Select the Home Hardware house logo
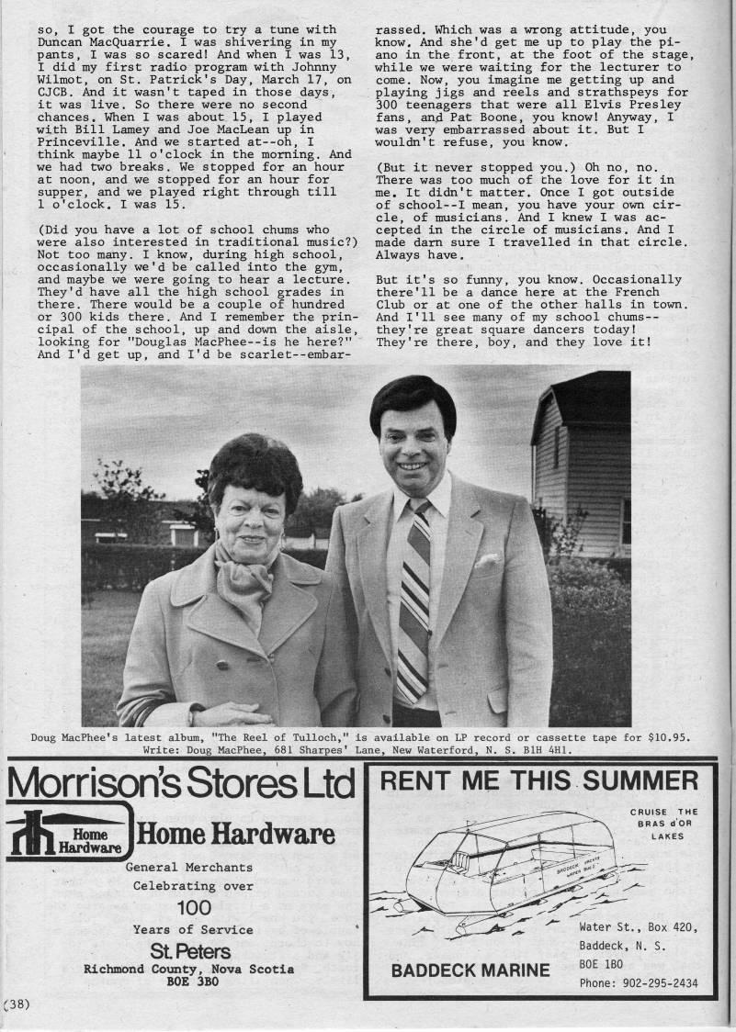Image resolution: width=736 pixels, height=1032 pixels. coord(66,833)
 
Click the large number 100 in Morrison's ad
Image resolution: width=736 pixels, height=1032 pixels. coord(193,907)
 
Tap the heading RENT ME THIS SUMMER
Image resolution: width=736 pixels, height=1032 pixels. coord(539,781)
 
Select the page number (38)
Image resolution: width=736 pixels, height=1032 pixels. coord(17,1004)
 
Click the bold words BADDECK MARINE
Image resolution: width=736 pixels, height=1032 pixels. coord(470,970)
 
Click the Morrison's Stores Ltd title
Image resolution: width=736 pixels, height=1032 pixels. coord(179,786)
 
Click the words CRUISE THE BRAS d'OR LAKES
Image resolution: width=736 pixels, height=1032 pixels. coord(663,824)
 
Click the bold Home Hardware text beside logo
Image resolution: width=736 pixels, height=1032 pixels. coord(235,834)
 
